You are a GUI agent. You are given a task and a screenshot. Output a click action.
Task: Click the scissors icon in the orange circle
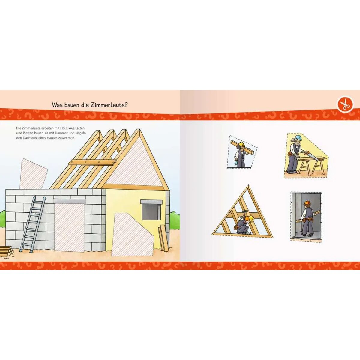click(345, 104)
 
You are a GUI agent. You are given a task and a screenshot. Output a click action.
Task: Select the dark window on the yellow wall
click(151, 211)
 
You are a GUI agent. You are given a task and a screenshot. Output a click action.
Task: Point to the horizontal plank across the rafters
click(92, 162)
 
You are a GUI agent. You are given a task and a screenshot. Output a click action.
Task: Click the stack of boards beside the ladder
click(6, 251)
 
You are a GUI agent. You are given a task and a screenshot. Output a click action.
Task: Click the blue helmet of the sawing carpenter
click(298, 138)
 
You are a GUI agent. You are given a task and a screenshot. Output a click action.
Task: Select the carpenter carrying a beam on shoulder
click(241, 154)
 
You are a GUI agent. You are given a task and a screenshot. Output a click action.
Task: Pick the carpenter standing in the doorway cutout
click(307, 218)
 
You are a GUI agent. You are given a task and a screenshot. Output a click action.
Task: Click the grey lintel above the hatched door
click(69, 201)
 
